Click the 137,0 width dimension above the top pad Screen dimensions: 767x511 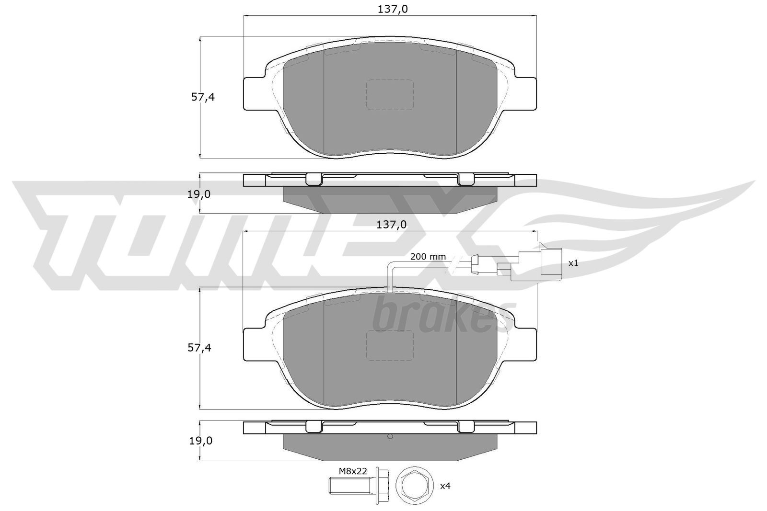click(393, 9)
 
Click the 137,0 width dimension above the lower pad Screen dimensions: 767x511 click(391, 225)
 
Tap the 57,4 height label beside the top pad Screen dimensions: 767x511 click(203, 97)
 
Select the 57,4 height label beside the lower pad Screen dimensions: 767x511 click(199, 348)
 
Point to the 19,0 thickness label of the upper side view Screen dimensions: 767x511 click(199, 194)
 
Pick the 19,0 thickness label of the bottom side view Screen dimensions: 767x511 click(201, 441)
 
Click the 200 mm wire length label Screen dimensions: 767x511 click(428, 257)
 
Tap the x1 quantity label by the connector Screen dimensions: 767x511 click(573, 263)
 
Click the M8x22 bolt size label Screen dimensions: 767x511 click(353, 471)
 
